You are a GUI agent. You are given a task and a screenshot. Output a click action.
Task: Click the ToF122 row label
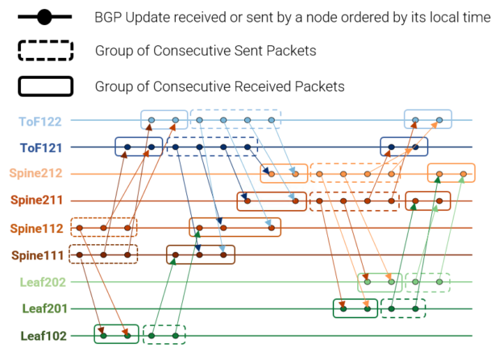pyautogui.click(x=41, y=121)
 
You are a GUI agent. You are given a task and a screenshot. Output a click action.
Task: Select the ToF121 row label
pyautogui.click(x=41, y=147)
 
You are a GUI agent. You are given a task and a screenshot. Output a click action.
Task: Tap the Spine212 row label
pyautogui.click(x=35, y=174)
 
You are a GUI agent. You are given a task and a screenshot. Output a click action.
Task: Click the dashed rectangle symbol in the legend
pyautogui.click(x=46, y=52)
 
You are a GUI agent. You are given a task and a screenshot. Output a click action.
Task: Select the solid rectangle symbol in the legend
pyautogui.click(x=46, y=85)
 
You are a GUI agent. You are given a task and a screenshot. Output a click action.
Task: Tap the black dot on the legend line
pyautogui.click(x=45, y=17)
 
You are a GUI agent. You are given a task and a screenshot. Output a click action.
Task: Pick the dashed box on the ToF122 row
pyautogui.click(x=236, y=120)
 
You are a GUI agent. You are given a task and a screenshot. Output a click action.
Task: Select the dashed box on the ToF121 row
pyautogui.click(x=212, y=147)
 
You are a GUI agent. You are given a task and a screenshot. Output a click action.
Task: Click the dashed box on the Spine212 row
pyautogui.click(x=355, y=173)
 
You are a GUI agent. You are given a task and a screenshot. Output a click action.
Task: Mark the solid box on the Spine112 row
pyautogui.click(x=235, y=228)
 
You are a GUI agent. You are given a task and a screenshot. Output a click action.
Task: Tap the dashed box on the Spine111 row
pyautogui.click(x=104, y=254)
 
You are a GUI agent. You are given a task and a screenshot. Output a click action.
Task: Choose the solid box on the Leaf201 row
pyautogui.click(x=355, y=308)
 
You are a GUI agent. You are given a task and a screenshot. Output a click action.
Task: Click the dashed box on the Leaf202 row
pyautogui.click(x=427, y=282)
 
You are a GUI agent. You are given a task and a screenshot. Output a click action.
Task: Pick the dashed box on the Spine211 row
pyautogui.click(x=354, y=201)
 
